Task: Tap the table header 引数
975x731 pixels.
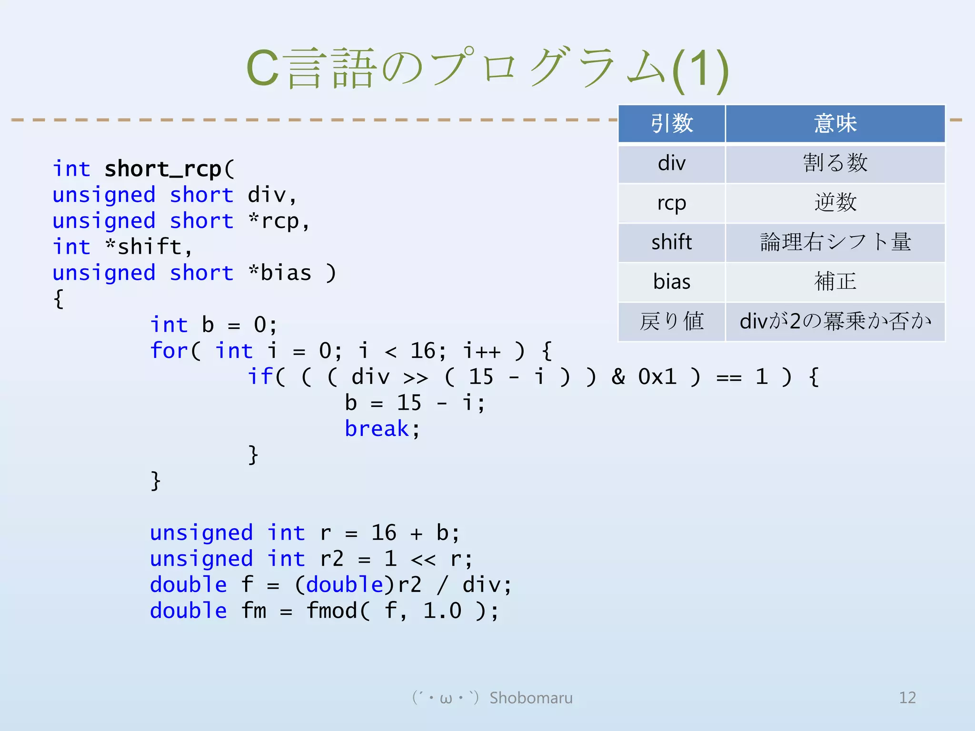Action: click(x=671, y=124)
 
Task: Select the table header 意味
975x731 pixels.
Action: click(x=835, y=124)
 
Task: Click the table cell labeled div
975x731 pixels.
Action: click(x=671, y=163)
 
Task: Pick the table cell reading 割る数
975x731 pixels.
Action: click(x=835, y=163)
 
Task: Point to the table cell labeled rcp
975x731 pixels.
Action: click(x=671, y=203)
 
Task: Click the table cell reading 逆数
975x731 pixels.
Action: click(x=835, y=203)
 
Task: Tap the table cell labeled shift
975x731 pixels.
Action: click(x=671, y=242)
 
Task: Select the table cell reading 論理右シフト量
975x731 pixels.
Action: click(x=835, y=242)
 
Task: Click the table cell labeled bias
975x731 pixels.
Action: click(x=671, y=282)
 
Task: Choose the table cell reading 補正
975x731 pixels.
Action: click(x=835, y=282)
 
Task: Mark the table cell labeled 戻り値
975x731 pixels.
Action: click(x=671, y=321)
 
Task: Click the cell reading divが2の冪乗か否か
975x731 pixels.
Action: click(x=835, y=321)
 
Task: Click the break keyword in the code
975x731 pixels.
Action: click(x=377, y=429)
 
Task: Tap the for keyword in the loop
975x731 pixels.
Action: click(x=169, y=351)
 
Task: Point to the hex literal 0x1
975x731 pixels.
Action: click(x=657, y=377)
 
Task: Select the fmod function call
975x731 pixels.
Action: click(x=331, y=611)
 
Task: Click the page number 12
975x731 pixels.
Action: click(x=907, y=698)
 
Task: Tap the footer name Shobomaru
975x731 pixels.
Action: click(x=531, y=698)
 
